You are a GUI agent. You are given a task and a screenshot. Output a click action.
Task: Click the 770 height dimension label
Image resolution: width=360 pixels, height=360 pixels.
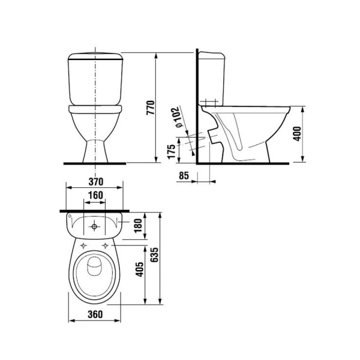pyautogui.click(x=151, y=107)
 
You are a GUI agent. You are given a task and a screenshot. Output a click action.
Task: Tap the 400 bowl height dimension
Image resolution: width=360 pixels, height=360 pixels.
pyautogui.click(x=298, y=134)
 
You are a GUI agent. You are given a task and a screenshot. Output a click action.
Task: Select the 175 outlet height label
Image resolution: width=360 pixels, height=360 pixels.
pyautogui.click(x=171, y=152)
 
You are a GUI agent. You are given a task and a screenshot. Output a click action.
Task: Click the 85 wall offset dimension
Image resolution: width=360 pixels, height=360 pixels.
pyautogui.click(x=184, y=176)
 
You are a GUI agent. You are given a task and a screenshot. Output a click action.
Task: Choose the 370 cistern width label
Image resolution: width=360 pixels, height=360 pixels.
pyautogui.click(x=96, y=182)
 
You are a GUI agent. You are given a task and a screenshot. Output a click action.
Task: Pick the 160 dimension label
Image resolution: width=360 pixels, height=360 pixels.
pyautogui.click(x=95, y=195)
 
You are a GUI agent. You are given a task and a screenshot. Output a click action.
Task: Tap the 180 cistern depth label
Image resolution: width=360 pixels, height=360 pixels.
pyautogui.click(x=138, y=226)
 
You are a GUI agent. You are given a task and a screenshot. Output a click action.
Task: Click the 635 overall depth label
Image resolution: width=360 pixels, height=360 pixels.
pyautogui.click(x=155, y=254)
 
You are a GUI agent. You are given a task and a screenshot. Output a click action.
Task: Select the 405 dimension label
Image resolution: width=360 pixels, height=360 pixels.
pyautogui.click(x=140, y=269)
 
